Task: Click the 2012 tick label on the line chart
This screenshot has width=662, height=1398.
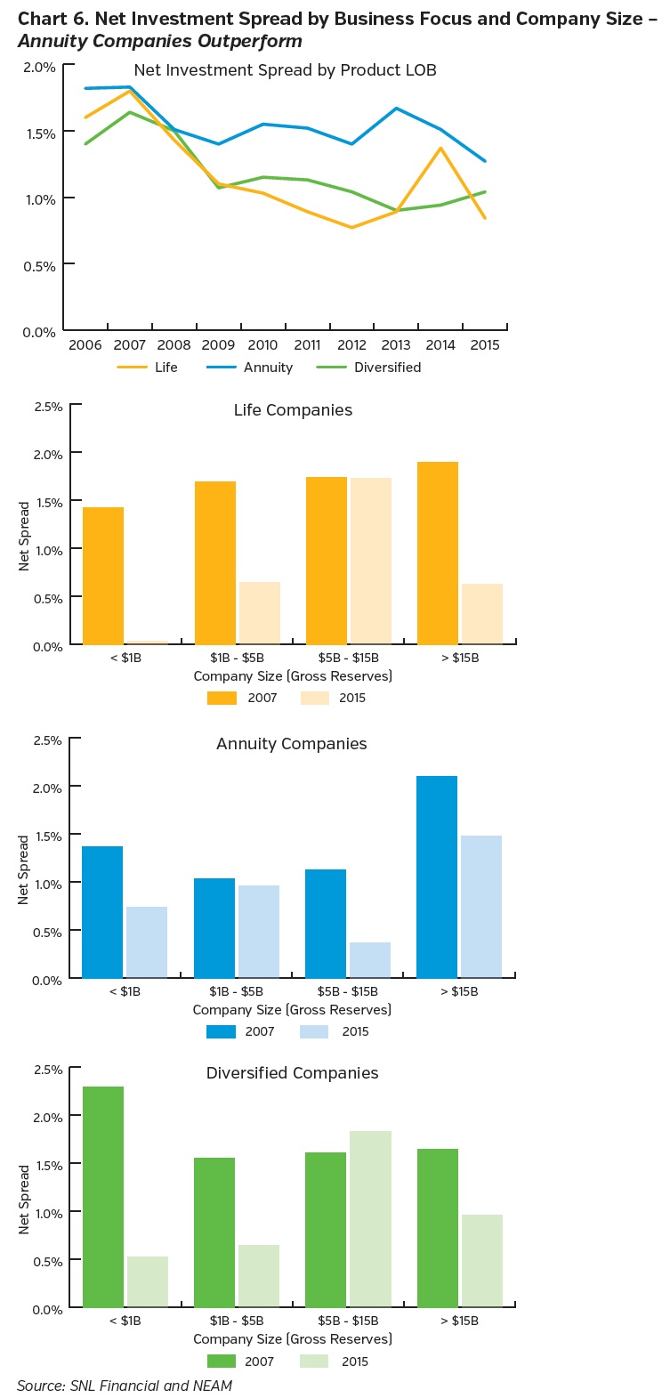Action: point(351,345)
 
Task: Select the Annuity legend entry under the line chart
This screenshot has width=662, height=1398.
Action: point(268,368)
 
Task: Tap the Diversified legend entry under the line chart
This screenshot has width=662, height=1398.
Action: point(387,368)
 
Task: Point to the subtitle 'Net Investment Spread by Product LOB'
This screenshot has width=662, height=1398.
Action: point(285,70)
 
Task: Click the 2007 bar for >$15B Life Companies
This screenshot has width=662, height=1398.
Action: point(437,552)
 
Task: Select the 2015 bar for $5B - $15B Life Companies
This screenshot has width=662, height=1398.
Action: point(370,561)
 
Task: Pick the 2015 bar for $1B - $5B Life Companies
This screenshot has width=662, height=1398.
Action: point(259,612)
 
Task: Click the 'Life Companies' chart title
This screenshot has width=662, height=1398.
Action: point(293,410)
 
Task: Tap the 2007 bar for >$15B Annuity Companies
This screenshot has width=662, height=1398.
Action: point(436,877)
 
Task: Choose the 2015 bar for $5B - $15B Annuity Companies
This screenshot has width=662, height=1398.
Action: point(369,959)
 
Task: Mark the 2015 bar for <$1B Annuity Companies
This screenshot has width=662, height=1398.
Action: point(147,941)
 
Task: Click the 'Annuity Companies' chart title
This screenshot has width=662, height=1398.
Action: point(291,744)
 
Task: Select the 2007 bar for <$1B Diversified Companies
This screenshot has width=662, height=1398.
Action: point(103,1196)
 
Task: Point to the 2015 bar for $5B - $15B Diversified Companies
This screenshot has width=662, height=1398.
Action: point(370,1218)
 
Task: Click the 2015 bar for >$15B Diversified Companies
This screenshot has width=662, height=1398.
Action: point(481,1260)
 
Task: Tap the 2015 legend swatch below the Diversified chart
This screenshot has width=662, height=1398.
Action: point(313,1362)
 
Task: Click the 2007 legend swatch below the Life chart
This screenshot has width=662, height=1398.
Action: point(222,699)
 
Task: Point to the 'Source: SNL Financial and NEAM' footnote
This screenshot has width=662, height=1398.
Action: point(125,1386)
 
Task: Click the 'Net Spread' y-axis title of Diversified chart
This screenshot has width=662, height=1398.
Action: point(24,1199)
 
